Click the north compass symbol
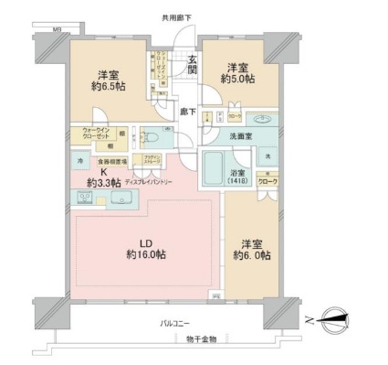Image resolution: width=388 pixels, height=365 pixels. click(334, 319)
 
